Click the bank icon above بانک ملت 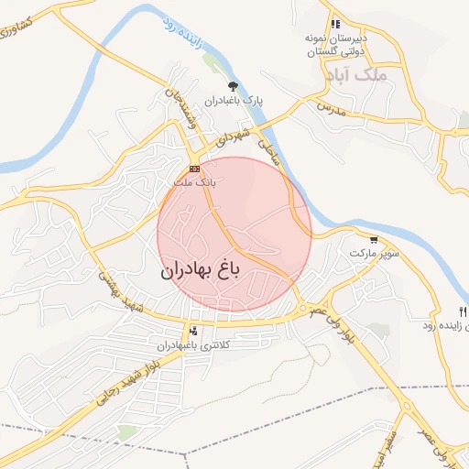pyautogui.click(x=194, y=169)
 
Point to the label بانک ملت pyautogui.click(x=193, y=182)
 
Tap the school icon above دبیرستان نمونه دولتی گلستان pyautogui.click(x=335, y=25)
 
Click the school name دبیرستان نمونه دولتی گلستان pyautogui.click(x=335, y=46)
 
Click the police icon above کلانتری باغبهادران pyautogui.click(x=192, y=332)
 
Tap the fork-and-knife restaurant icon pyautogui.click(x=462, y=313)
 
